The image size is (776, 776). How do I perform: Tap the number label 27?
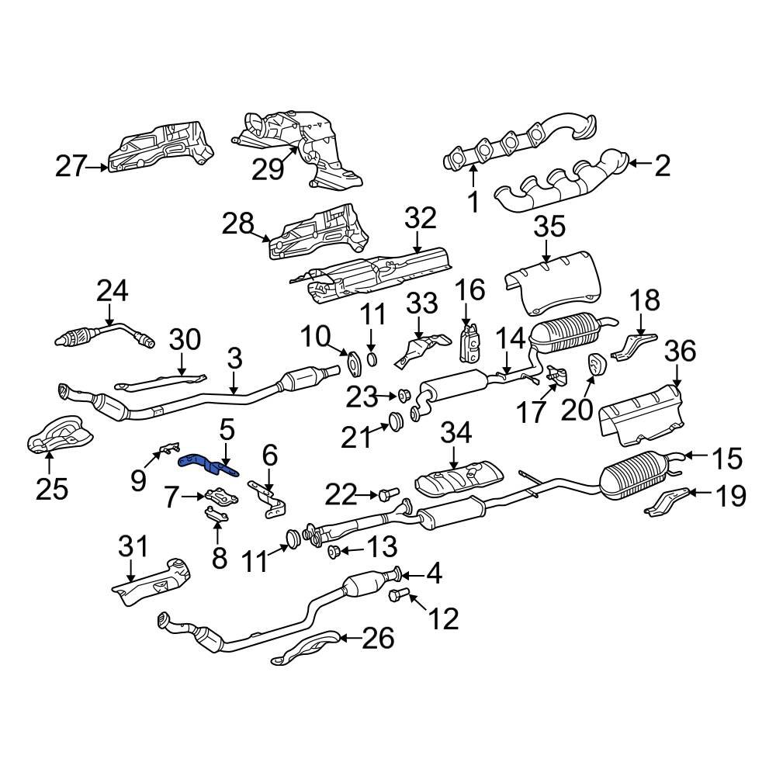[x=71, y=166]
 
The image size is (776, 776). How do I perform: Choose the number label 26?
[x=378, y=639]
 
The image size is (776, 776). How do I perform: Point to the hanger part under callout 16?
[x=470, y=344]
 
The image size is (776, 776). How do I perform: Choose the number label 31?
[x=133, y=548]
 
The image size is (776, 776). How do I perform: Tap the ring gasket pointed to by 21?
[x=394, y=422]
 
